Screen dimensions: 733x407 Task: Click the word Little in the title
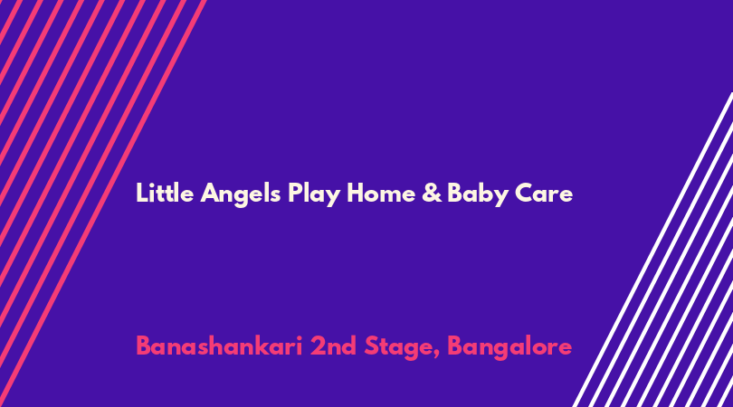point(165,193)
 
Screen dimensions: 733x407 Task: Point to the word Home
point(381,193)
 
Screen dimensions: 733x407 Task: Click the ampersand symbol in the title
point(432,193)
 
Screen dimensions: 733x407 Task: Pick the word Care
point(544,194)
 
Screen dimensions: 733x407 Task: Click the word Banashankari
point(219,346)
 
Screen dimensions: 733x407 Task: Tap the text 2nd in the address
point(333,346)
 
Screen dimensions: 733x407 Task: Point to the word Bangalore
point(509,348)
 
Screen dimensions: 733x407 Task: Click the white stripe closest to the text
point(652,250)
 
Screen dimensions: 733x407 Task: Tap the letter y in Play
point(331,198)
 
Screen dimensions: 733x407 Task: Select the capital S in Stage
point(372,346)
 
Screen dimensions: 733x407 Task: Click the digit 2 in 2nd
point(318,346)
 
